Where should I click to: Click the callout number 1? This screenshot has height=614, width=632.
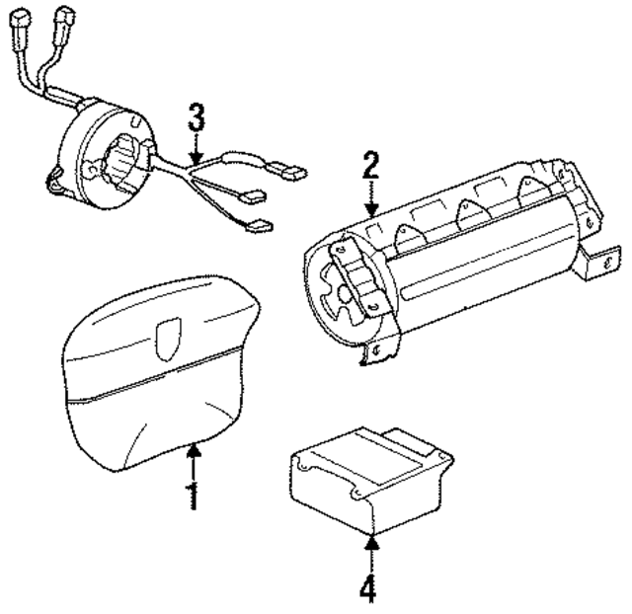click(x=194, y=495)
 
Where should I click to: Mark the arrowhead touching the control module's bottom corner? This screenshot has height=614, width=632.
click(x=370, y=538)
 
